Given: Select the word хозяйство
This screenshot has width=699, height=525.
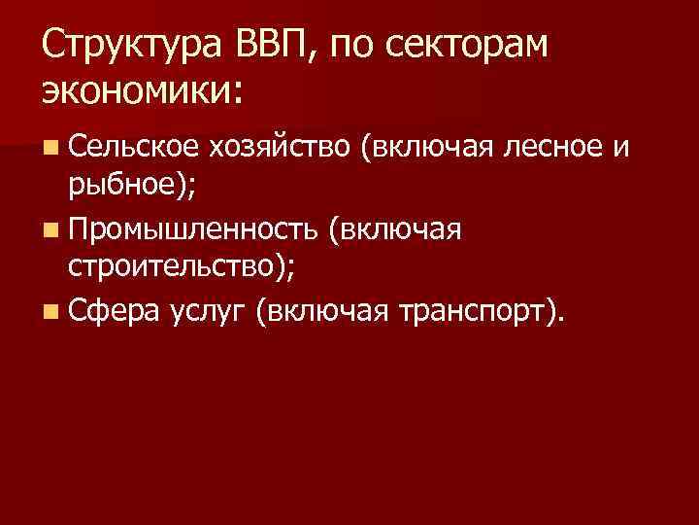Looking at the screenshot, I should (x=280, y=148).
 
